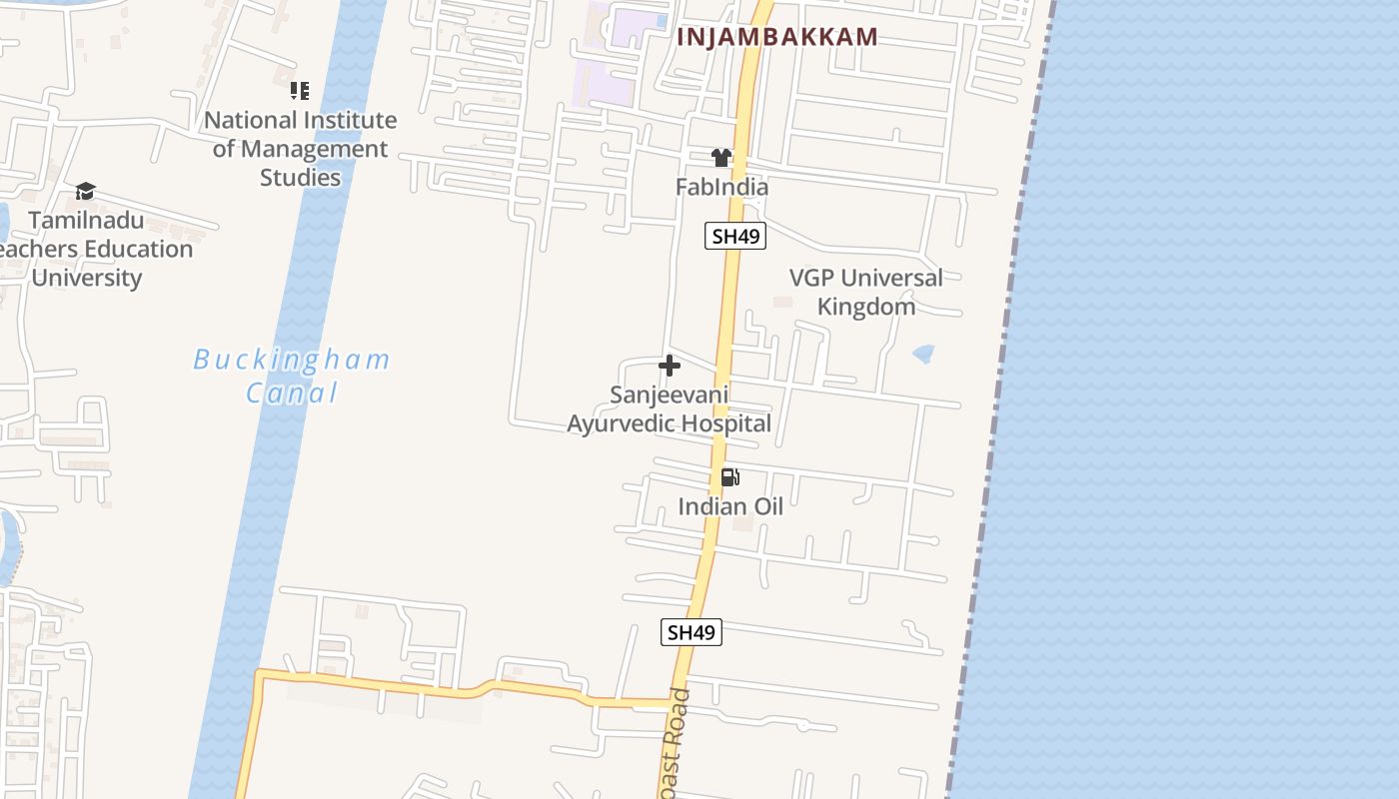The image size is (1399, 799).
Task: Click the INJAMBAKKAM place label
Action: [x=777, y=37]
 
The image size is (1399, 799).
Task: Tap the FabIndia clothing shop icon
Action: [x=721, y=158]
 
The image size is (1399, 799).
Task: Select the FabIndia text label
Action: [x=721, y=187]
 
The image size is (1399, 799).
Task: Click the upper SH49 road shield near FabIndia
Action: [x=734, y=237]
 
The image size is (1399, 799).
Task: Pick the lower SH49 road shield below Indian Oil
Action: [x=691, y=632]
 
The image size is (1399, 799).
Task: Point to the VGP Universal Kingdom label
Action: [x=865, y=292]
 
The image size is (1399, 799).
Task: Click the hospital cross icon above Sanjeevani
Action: [x=670, y=366]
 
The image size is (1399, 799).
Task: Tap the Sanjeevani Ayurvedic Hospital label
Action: [x=669, y=409]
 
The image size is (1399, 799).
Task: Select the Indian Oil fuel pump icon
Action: [x=730, y=477]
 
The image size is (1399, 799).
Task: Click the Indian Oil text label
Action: [x=730, y=506]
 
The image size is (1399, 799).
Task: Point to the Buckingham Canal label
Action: [x=292, y=376]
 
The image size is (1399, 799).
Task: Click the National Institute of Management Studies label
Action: [x=300, y=149]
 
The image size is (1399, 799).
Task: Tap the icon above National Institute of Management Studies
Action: [x=300, y=91]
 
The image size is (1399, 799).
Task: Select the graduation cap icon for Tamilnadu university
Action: [x=86, y=191]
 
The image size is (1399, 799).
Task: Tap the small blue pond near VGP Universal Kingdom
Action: [x=923, y=353]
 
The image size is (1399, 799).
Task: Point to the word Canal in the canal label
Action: [x=293, y=393]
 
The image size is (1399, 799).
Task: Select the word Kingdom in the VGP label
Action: [x=865, y=307]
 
